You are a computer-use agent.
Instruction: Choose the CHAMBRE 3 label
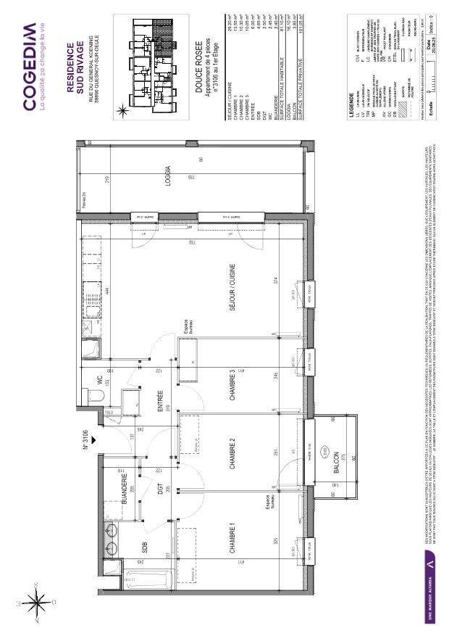[x=233, y=381]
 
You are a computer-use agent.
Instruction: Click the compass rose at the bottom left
[x=34, y=600]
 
